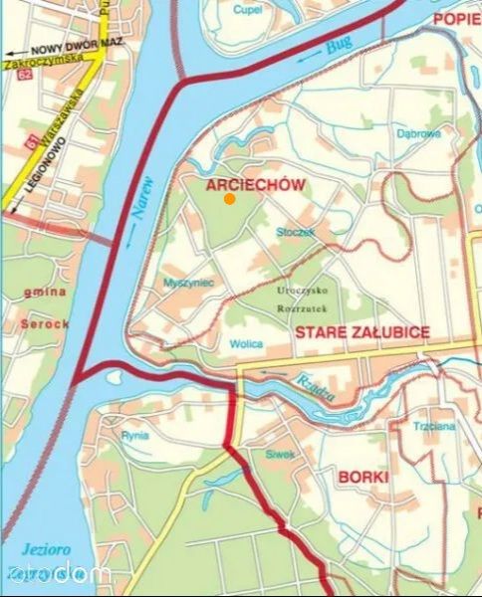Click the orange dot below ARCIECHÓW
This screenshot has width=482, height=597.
click(230, 199)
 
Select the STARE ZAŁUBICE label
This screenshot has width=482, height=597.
click(362, 332)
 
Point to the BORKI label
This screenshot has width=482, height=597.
click(363, 478)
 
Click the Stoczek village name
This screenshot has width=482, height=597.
click(296, 232)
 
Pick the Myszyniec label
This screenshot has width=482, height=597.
click(188, 284)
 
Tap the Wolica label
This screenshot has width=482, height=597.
click(246, 344)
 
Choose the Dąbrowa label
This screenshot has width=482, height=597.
click(418, 133)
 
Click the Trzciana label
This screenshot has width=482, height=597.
click(434, 427)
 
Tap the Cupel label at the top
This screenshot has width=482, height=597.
click(246, 9)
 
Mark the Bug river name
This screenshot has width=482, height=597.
click(339, 45)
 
